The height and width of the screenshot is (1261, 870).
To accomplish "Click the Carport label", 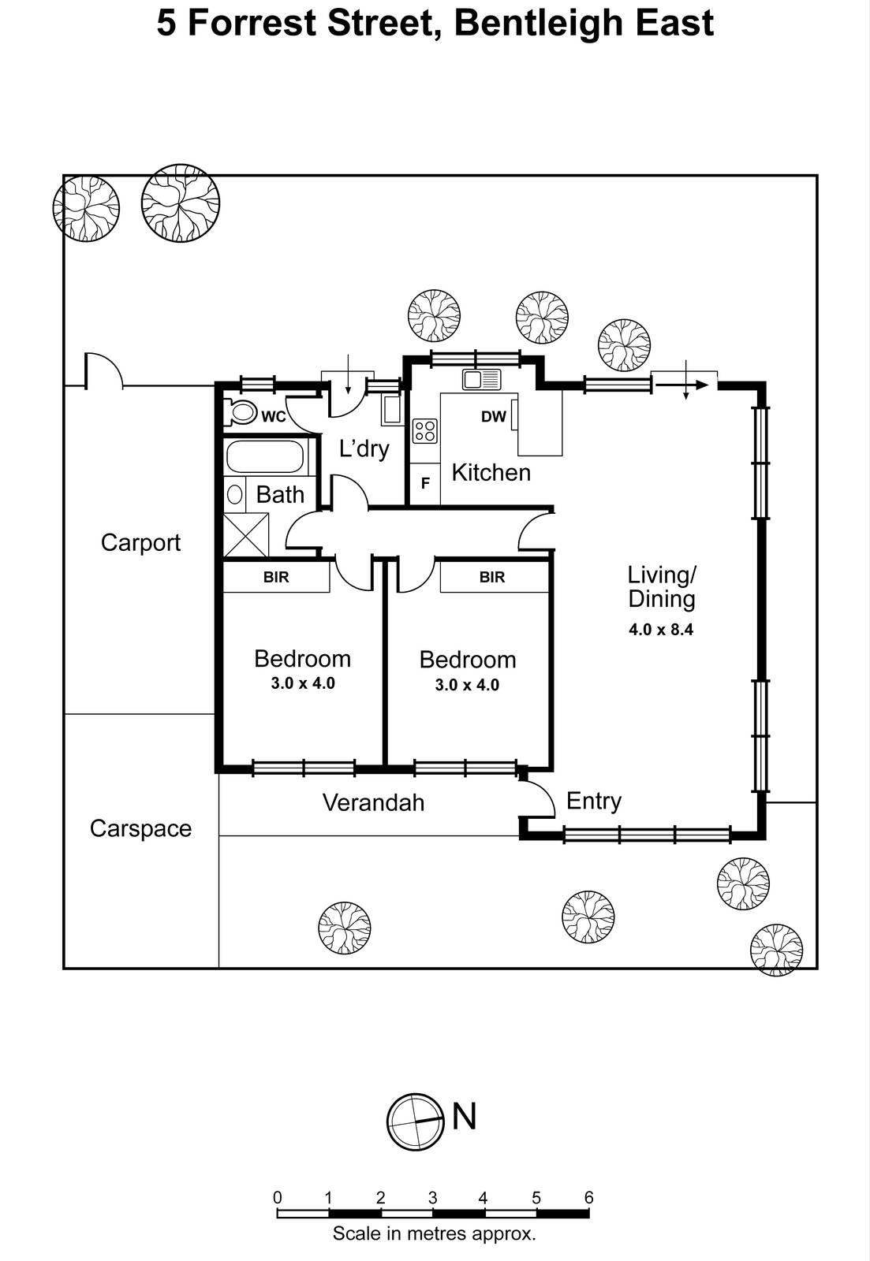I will [140, 542].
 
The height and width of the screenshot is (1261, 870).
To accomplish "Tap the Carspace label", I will [140, 828].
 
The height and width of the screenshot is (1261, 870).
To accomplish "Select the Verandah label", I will [373, 802].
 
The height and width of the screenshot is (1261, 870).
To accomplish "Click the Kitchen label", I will [491, 472].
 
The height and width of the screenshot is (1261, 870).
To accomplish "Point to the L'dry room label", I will [364, 448].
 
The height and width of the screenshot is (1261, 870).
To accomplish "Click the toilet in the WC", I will [241, 412].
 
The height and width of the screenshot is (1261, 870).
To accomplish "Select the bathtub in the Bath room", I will [264, 456].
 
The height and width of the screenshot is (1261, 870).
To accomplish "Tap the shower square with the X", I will [245, 535].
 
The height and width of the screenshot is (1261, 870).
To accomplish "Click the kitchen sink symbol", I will [481, 379].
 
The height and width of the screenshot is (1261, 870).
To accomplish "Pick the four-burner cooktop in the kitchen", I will [425, 430].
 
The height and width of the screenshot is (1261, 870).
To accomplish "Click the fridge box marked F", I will [424, 483].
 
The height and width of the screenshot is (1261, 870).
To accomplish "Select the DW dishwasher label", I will [493, 416].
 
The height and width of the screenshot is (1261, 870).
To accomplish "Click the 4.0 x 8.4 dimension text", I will [661, 630].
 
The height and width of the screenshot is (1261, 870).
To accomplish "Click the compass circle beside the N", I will [415, 1122].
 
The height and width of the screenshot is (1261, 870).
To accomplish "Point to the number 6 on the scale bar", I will [588, 1197].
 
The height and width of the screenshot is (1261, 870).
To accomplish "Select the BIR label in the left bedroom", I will [275, 577].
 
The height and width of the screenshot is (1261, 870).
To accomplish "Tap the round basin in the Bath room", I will [235, 495].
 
